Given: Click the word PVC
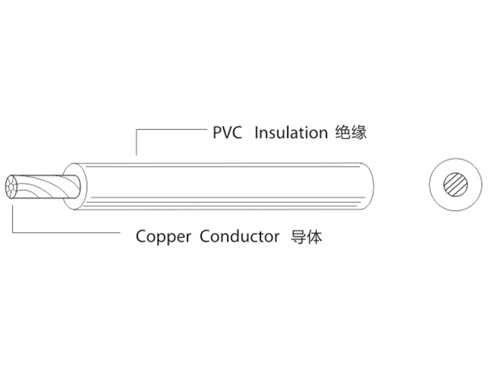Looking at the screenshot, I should [x=227, y=133].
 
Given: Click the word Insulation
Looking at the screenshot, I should [x=291, y=133].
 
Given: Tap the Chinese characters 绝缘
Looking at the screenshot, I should [x=350, y=133].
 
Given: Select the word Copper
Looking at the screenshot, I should [x=163, y=237].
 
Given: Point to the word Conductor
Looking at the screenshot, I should [x=239, y=237].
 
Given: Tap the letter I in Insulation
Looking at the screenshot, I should [x=256, y=133].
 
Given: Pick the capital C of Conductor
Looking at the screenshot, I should [x=205, y=237].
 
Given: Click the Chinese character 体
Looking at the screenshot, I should [x=314, y=237].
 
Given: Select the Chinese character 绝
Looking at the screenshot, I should [x=342, y=133].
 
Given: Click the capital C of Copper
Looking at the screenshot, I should [x=141, y=237].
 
